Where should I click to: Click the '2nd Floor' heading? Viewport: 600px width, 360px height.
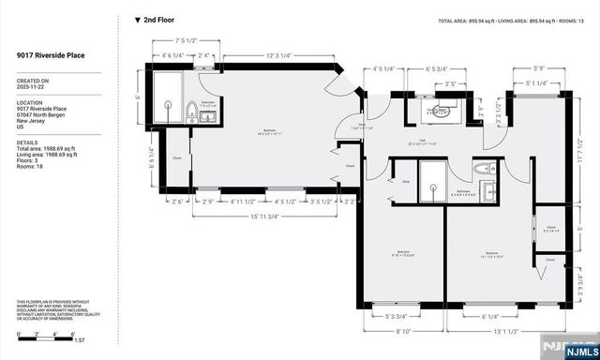point(159,19)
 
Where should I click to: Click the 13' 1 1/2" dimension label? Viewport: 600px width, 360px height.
point(507,330)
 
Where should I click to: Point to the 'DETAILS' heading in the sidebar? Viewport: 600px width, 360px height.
point(27,142)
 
